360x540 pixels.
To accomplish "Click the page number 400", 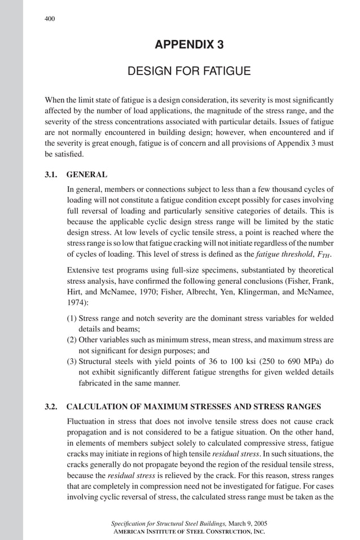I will click(x=50, y=19).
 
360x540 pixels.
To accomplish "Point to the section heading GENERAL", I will click(x=87, y=174).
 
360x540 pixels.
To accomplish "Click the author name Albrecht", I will click(x=205, y=292).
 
